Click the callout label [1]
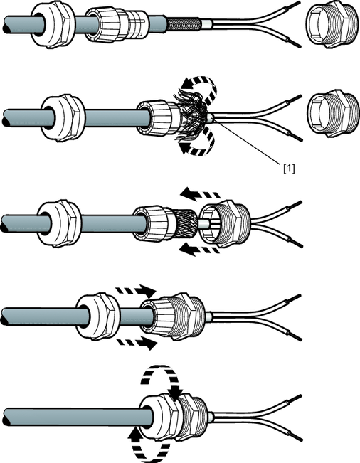pos(289,169)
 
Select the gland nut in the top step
pos(52,26)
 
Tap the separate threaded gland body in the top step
pos(332,26)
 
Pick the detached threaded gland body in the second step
pos(333,113)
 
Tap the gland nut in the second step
pos(63,117)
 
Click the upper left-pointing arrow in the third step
pos(200,193)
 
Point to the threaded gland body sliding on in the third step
pos(226,224)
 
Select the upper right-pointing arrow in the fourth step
pos(136,291)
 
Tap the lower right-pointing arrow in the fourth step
pos(137,343)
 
